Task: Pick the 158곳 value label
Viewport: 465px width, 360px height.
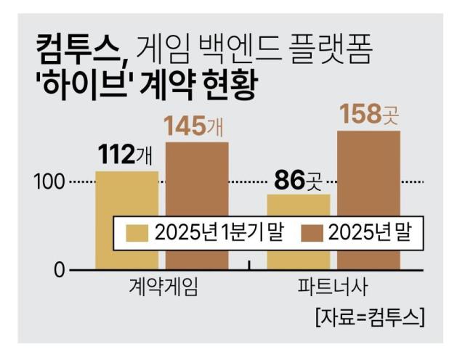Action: tap(368, 114)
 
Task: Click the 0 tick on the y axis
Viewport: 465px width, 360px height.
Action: tap(60, 271)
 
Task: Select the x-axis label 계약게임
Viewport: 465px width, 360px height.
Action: tap(161, 287)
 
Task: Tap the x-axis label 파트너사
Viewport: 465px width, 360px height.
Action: tap(332, 287)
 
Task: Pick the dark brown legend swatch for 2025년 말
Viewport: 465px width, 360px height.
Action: tap(313, 232)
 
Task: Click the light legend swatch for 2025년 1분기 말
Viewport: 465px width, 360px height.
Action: tap(137, 232)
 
